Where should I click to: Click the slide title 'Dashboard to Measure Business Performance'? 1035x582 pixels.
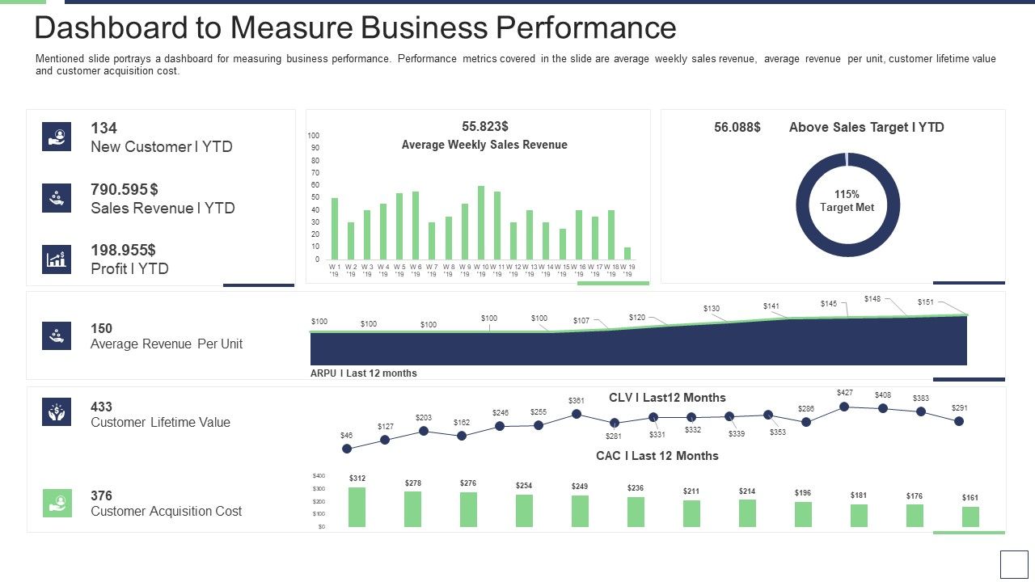click(x=355, y=28)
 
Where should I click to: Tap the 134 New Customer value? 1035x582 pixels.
click(x=103, y=128)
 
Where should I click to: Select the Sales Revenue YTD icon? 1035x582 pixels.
click(x=57, y=198)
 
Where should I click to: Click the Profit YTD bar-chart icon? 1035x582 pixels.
click(x=57, y=259)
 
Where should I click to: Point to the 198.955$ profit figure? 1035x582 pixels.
click(x=123, y=250)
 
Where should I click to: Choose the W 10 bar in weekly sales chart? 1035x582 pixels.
click(x=481, y=222)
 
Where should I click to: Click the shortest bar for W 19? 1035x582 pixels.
click(x=627, y=253)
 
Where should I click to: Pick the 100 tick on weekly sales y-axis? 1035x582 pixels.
click(x=314, y=136)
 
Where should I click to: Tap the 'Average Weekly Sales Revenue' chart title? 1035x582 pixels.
click(x=484, y=145)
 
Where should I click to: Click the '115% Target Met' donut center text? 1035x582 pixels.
click(x=847, y=201)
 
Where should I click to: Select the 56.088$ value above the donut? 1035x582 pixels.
click(x=737, y=127)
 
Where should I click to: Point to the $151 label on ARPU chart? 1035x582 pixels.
click(x=926, y=302)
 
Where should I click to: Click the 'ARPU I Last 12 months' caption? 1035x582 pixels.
click(x=364, y=373)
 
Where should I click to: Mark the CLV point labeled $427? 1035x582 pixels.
click(x=844, y=407)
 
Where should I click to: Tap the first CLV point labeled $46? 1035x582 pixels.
click(x=347, y=449)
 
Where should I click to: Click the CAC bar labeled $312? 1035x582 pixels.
click(x=357, y=508)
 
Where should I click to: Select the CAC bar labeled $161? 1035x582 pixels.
click(x=970, y=517)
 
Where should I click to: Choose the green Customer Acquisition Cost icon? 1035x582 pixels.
click(x=57, y=503)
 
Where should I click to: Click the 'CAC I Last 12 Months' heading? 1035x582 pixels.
click(x=657, y=456)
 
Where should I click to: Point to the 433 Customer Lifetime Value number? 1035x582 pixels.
click(x=101, y=407)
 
